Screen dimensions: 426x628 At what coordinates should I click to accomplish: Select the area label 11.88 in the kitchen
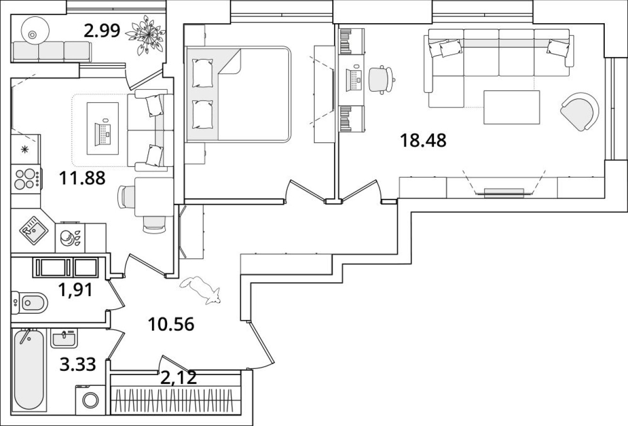coord(82,179)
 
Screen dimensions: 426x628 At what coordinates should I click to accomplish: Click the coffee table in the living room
coord(512,107)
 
